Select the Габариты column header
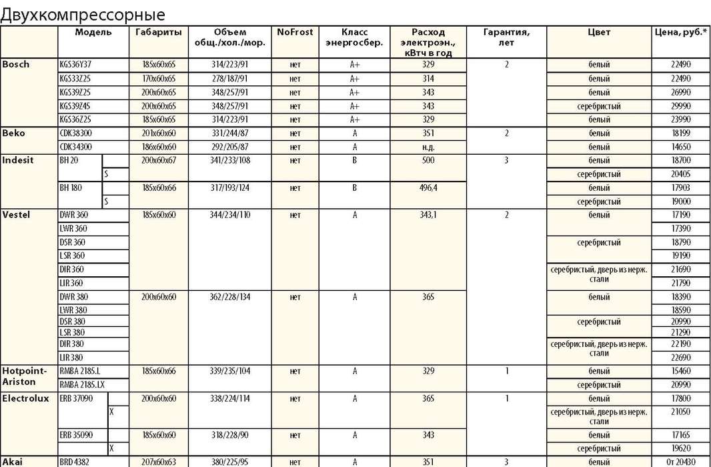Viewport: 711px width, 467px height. pos(158,32)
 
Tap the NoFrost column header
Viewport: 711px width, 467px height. pos(295,32)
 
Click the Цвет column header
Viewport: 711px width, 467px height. pos(599,32)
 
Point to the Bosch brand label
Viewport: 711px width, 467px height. pos(17,65)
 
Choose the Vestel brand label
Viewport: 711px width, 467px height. pos(17,215)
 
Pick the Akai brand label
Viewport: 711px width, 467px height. pos(14,461)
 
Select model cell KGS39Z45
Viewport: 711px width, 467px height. pos(75,106)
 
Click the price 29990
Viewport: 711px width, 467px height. pos(681,106)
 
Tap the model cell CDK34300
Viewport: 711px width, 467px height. pos(76,147)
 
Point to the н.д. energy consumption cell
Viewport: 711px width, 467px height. pos(428,147)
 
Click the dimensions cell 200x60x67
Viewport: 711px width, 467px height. pos(159,161)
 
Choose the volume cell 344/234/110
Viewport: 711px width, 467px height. pos(229,215)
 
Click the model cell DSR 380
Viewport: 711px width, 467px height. pos(72,322)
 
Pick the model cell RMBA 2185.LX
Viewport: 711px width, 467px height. pos(82,384)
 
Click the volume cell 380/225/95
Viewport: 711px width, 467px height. pos(229,462)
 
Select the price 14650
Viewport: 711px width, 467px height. pos(681,147)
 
